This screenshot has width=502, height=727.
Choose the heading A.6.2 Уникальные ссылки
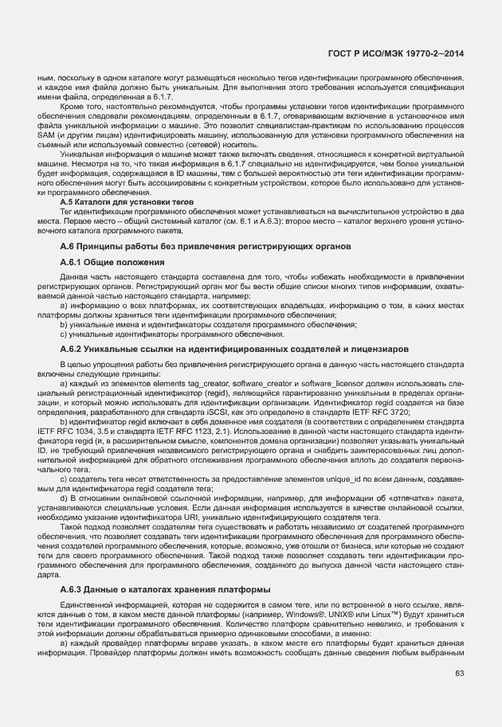(234, 349)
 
